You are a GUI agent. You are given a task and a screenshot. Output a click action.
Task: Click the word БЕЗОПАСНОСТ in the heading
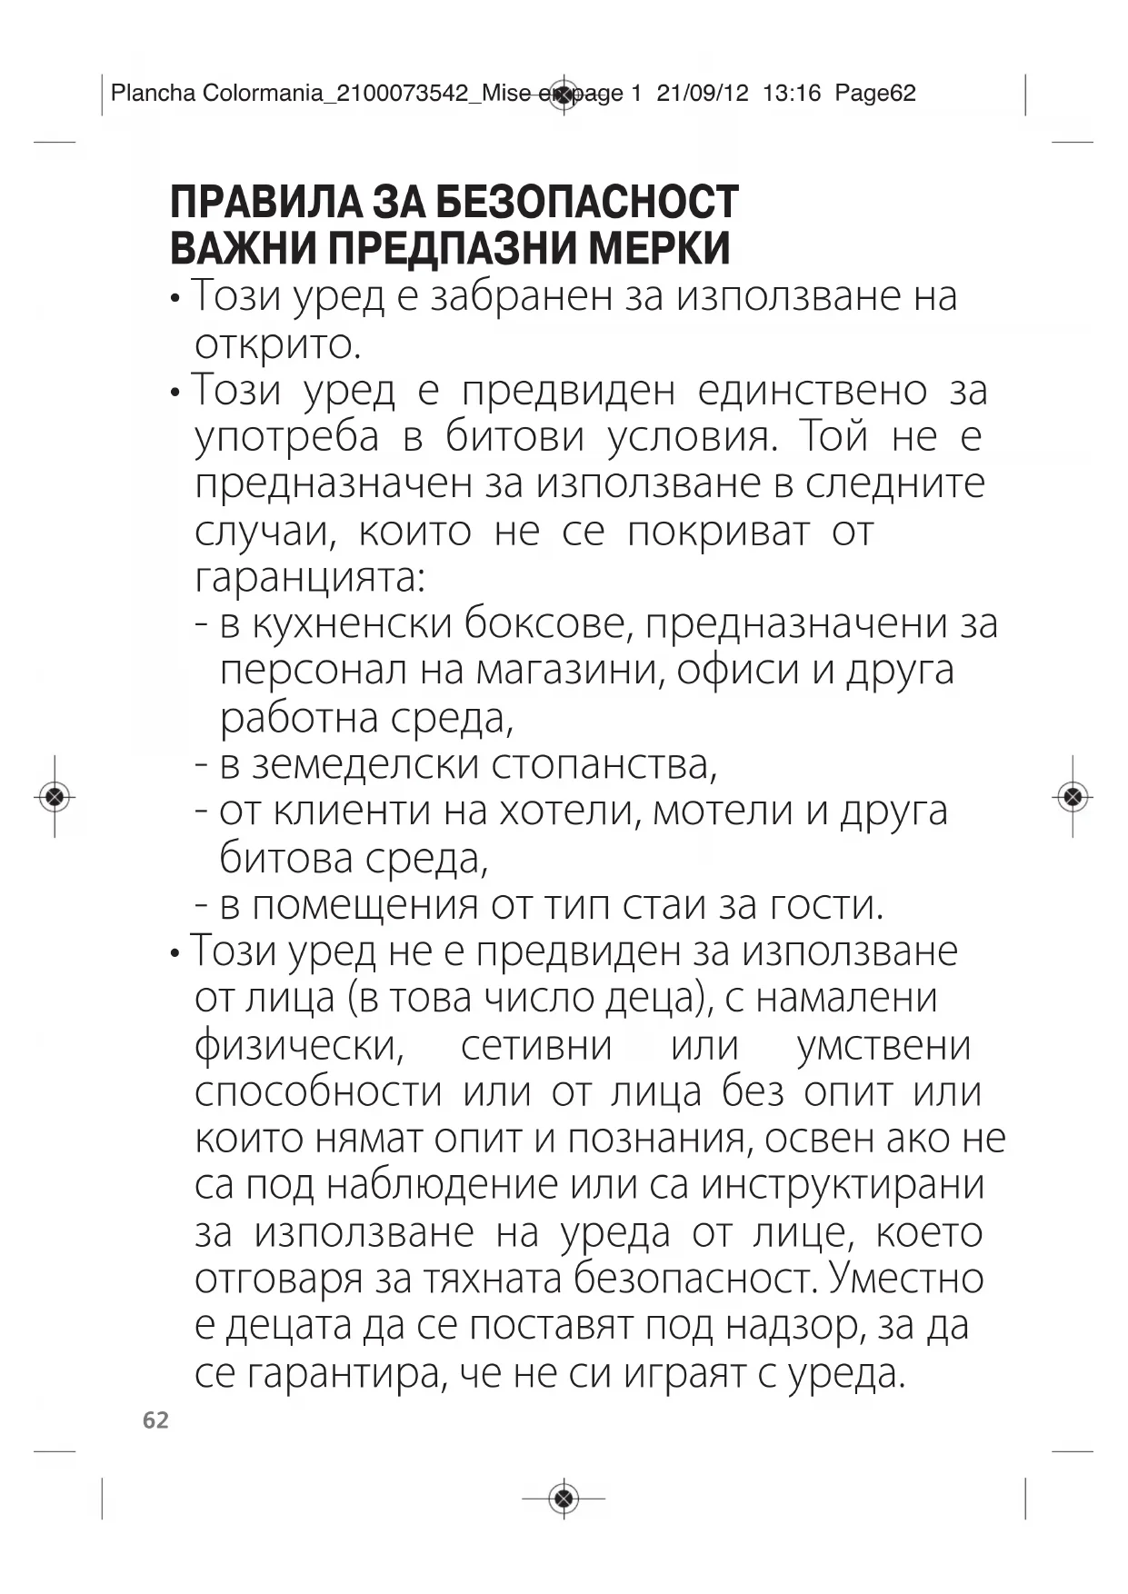(587, 202)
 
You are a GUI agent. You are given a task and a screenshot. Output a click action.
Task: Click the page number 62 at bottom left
(155, 1420)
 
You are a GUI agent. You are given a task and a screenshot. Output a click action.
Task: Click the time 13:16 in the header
(792, 93)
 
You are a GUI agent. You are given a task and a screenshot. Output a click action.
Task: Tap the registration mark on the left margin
(55, 797)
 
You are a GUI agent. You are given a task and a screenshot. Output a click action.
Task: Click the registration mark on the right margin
(1073, 797)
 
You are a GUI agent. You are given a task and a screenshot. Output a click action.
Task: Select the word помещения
(364, 905)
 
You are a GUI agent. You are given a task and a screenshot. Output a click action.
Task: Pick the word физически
(299, 1046)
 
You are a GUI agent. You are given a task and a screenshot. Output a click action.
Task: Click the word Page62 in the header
(875, 93)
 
